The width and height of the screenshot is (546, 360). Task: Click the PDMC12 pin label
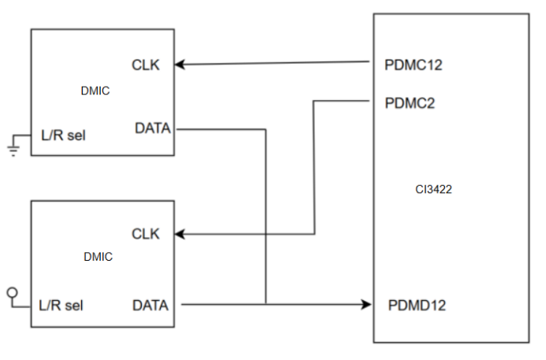414,65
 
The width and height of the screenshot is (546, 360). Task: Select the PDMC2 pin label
410,103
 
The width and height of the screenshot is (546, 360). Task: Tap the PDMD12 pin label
417,306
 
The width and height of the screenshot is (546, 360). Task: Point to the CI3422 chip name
433,189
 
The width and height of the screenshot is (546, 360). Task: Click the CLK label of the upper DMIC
146,65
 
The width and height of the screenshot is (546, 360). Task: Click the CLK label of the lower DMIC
146,234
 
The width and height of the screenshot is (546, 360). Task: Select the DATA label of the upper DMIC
153,128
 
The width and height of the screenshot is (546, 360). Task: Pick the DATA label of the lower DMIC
150,306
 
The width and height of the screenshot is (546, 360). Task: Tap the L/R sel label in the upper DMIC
63,135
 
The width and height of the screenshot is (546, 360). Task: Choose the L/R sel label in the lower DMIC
61,306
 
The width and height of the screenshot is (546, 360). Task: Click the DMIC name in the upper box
95,91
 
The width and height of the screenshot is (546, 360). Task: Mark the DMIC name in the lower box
98,257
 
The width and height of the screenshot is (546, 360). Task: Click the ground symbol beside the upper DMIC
13,150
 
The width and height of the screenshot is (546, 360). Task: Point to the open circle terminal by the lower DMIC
13,292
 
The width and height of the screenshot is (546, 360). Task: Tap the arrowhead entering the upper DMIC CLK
180,65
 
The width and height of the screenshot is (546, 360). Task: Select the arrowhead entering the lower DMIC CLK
180,234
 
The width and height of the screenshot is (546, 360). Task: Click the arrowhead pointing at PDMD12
366,305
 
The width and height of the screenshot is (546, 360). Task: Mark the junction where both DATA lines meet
266,305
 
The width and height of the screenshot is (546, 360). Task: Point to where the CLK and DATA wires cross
266,234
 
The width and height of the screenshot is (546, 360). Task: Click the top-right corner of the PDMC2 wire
314,101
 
